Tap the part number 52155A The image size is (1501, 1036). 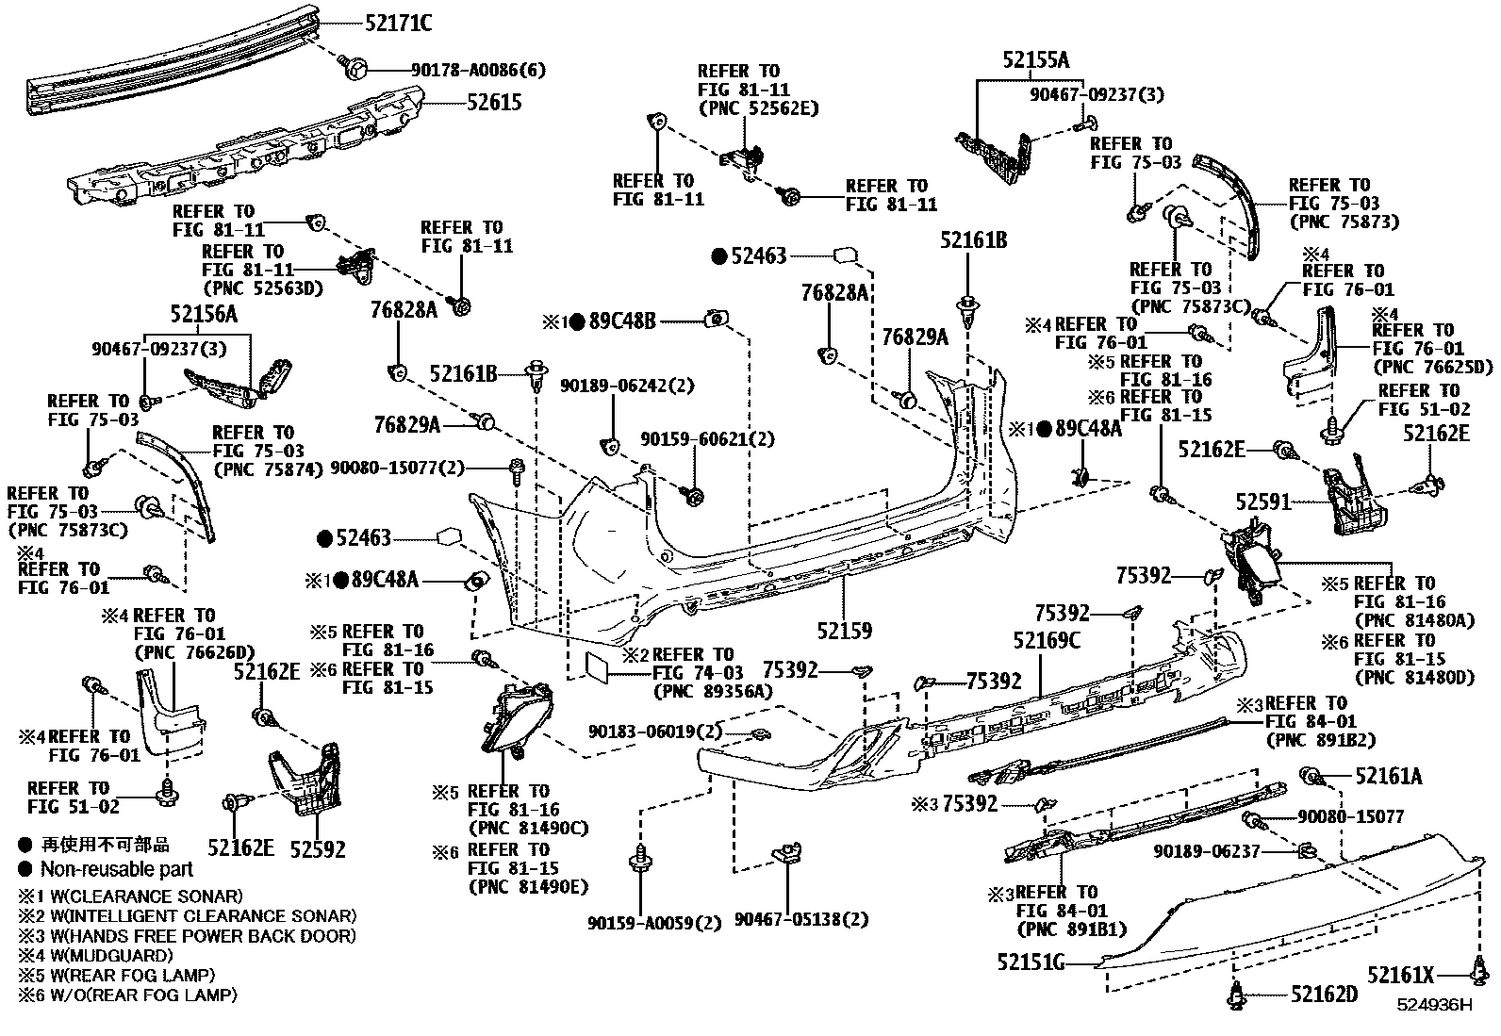point(1036,61)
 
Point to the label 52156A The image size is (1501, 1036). point(204,315)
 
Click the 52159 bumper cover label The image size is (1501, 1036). point(844,631)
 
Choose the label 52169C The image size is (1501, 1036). point(1047,641)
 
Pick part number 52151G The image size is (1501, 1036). point(1031,962)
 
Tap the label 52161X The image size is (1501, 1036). point(1401,975)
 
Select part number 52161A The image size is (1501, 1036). point(1389,777)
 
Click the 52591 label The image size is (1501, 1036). point(1263,503)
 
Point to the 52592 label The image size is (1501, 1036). point(317,849)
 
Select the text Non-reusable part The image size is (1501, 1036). point(116,869)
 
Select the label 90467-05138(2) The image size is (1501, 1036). point(800,919)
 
